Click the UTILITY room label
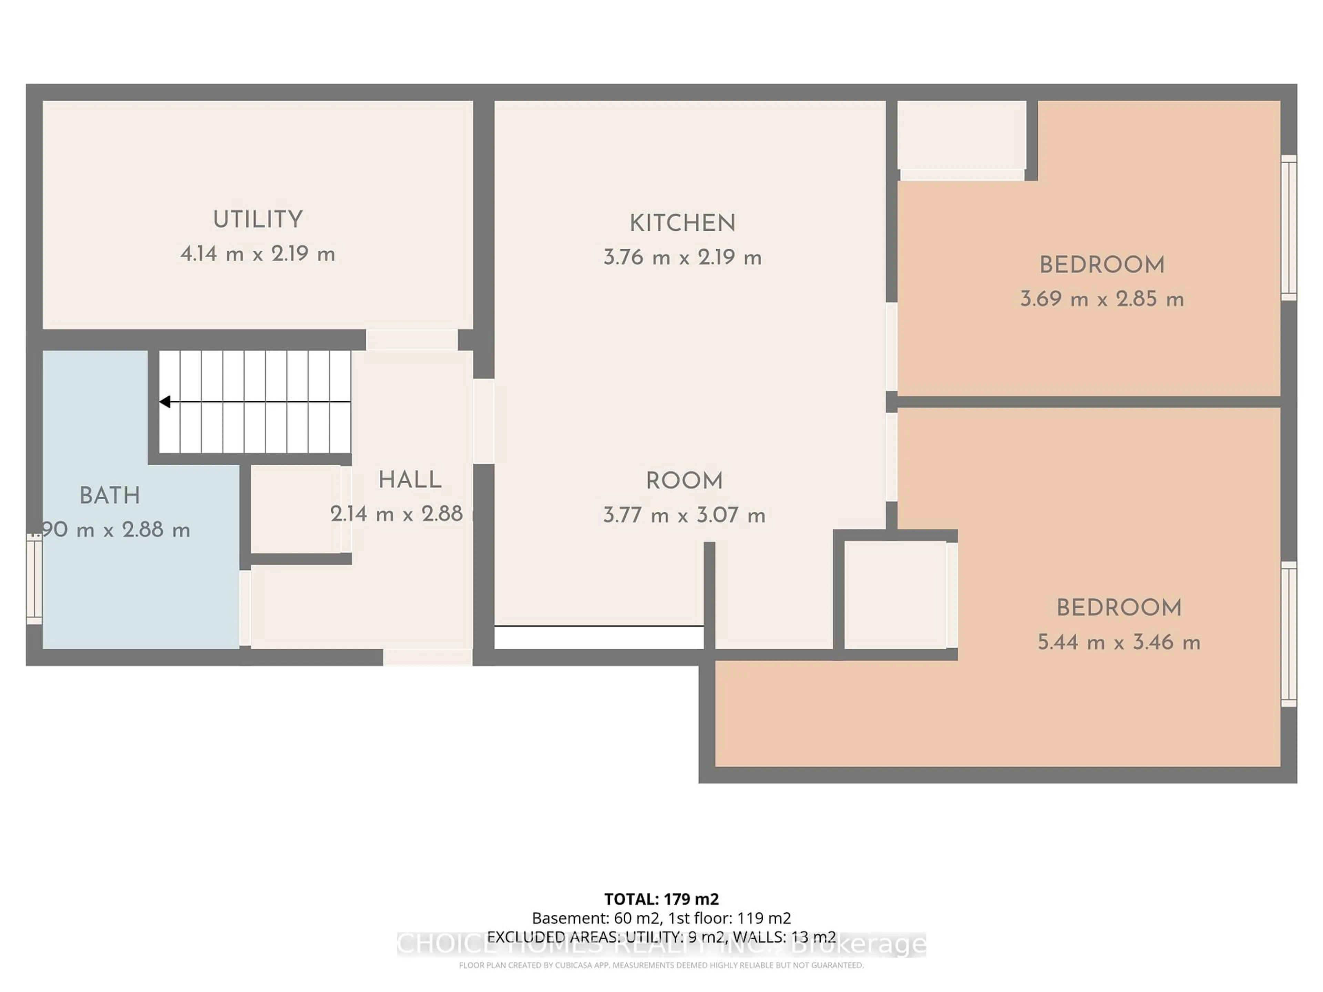(x=258, y=219)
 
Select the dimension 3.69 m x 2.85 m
(x=1102, y=299)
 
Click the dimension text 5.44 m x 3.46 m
(x=1118, y=642)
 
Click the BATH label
(x=110, y=496)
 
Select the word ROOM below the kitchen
(x=684, y=481)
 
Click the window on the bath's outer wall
(x=34, y=578)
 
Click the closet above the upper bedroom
(x=961, y=135)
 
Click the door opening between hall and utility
(x=411, y=340)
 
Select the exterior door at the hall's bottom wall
(x=428, y=657)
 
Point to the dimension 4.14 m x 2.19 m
(x=258, y=254)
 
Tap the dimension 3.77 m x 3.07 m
(x=684, y=515)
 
